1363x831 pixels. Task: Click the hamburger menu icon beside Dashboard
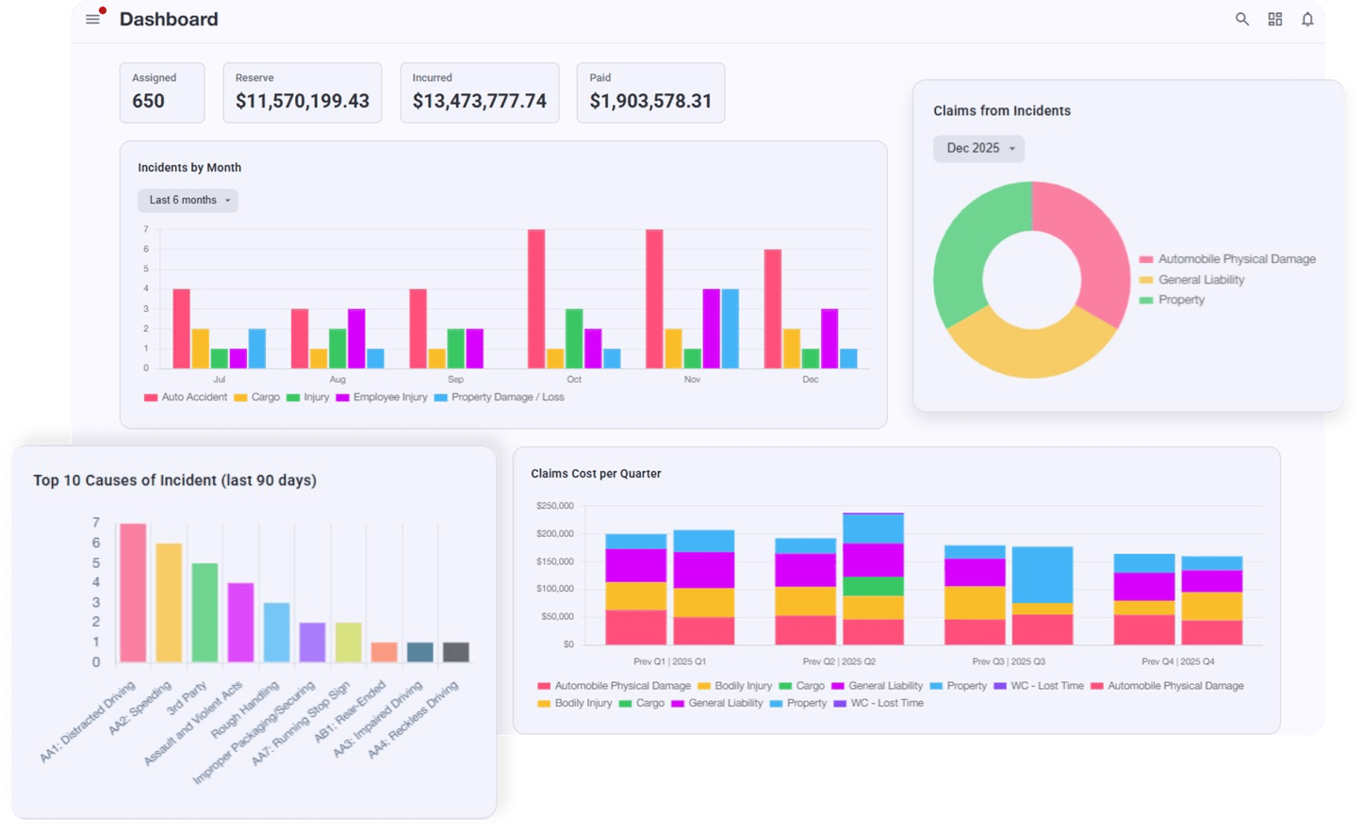tap(92, 19)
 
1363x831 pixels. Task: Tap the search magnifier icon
tap(1241, 19)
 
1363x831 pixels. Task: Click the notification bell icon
tap(1306, 19)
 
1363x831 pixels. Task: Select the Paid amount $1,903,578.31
tap(650, 101)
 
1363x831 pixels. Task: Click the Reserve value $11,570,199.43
tap(302, 101)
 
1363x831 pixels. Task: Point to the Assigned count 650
tap(149, 101)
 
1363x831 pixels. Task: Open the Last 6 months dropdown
tap(188, 200)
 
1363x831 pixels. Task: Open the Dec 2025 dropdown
tap(978, 148)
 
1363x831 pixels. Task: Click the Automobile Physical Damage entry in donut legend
tap(1236, 259)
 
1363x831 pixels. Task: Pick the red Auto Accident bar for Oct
tap(536, 299)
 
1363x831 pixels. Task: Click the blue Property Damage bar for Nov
tap(730, 328)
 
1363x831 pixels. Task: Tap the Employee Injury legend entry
tap(389, 398)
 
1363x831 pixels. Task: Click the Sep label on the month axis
tap(455, 380)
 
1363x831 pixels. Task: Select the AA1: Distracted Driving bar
tap(133, 593)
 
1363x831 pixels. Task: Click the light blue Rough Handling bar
tap(276, 632)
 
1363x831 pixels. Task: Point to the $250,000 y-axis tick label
tap(554, 506)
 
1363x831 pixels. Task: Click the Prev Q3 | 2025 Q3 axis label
tap(1009, 661)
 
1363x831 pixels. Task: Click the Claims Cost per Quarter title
tap(596, 474)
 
